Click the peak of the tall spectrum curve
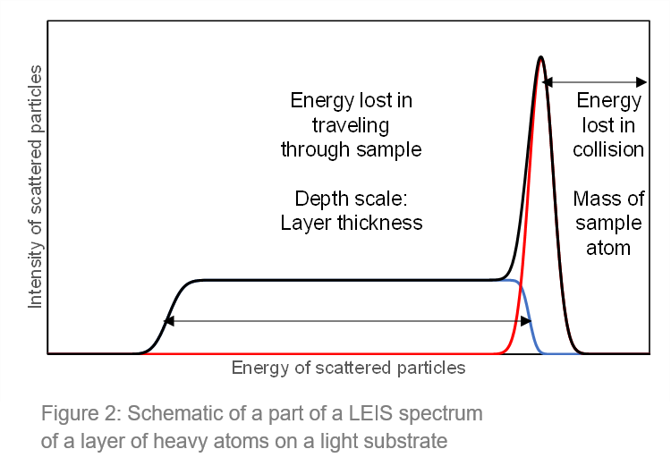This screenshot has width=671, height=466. click(x=541, y=57)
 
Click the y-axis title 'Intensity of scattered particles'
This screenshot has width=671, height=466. click(x=35, y=187)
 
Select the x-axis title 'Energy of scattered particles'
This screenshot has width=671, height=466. click(x=348, y=368)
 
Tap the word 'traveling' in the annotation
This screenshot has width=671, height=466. click(x=351, y=125)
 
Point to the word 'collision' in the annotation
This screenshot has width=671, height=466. click(x=608, y=149)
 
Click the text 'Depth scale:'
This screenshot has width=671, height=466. click(x=351, y=199)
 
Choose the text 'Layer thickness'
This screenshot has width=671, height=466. click(x=352, y=223)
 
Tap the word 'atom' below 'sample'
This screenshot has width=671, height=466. click(x=608, y=248)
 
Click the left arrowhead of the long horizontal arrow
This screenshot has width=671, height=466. click(x=168, y=321)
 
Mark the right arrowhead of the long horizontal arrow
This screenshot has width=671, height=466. click(x=526, y=321)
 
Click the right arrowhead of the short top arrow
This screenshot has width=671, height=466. click(x=641, y=81)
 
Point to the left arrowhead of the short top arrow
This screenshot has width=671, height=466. click(x=548, y=81)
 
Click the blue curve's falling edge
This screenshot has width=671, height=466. click(x=529, y=317)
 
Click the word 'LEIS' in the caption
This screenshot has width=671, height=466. click(x=370, y=413)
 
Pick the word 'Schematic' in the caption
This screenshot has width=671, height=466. click(x=174, y=413)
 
